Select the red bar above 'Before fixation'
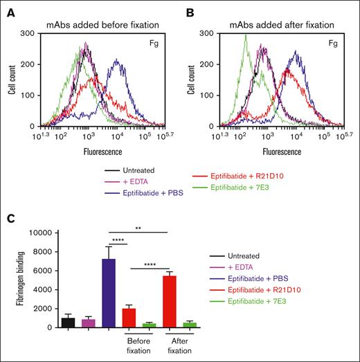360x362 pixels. click(129, 318)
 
